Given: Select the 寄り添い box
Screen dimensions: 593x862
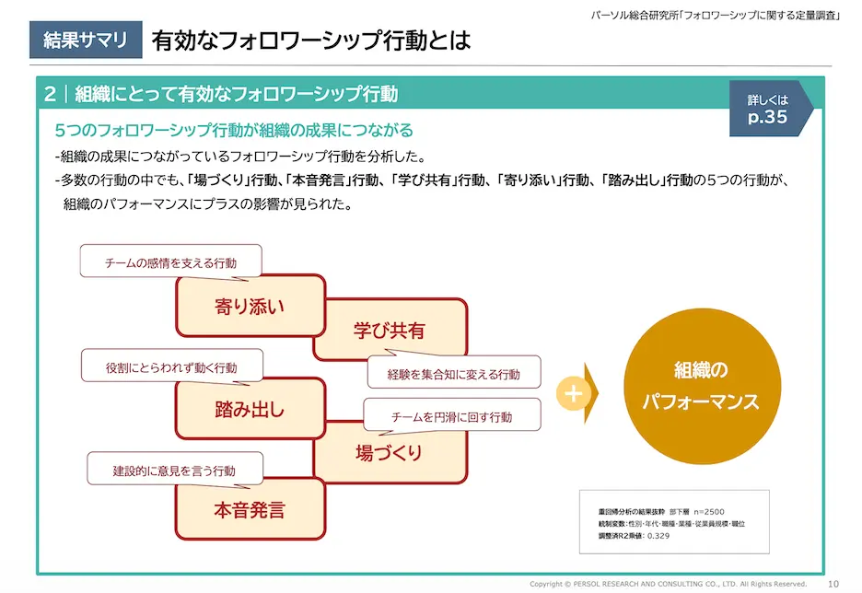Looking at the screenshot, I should (250, 306).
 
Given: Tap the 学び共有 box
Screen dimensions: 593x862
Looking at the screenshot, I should (390, 330).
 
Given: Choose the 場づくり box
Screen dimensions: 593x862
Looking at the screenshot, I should (390, 452).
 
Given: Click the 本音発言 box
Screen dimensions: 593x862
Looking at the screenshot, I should (250, 508).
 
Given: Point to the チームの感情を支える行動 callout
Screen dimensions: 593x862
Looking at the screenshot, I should (170, 262).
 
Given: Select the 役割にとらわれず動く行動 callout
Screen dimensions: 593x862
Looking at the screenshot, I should (171, 367).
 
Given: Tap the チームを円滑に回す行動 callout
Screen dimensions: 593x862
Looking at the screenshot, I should (451, 417).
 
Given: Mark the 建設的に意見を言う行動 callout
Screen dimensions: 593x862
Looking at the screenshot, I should (174, 470).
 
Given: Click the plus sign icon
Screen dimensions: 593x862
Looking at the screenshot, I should (573, 394).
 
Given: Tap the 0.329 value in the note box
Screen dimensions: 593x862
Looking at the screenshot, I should (658, 535).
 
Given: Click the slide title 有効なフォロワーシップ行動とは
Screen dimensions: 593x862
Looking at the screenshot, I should (310, 41).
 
